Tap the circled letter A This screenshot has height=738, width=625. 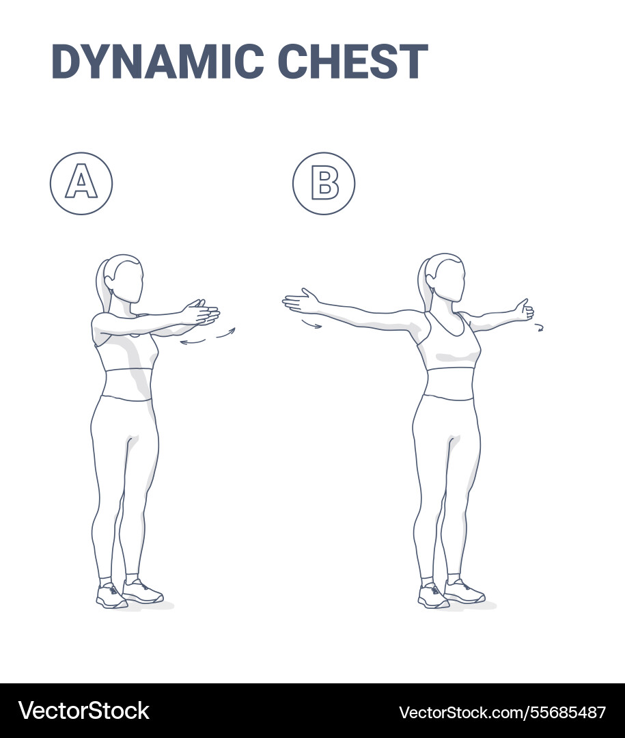click(x=81, y=184)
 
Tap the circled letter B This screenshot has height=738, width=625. click(x=324, y=184)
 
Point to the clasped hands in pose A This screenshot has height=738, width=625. click(x=201, y=313)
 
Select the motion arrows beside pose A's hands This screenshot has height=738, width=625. click(x=208, y=336)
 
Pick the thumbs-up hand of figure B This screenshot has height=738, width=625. click(x=524, y=311)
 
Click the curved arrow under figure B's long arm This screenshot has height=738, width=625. click(x=311, y=325)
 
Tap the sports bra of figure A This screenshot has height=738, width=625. click(x=126, y=351)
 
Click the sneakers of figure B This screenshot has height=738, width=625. click(x=451, y=593)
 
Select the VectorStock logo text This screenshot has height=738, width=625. click(x=84, y=711)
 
